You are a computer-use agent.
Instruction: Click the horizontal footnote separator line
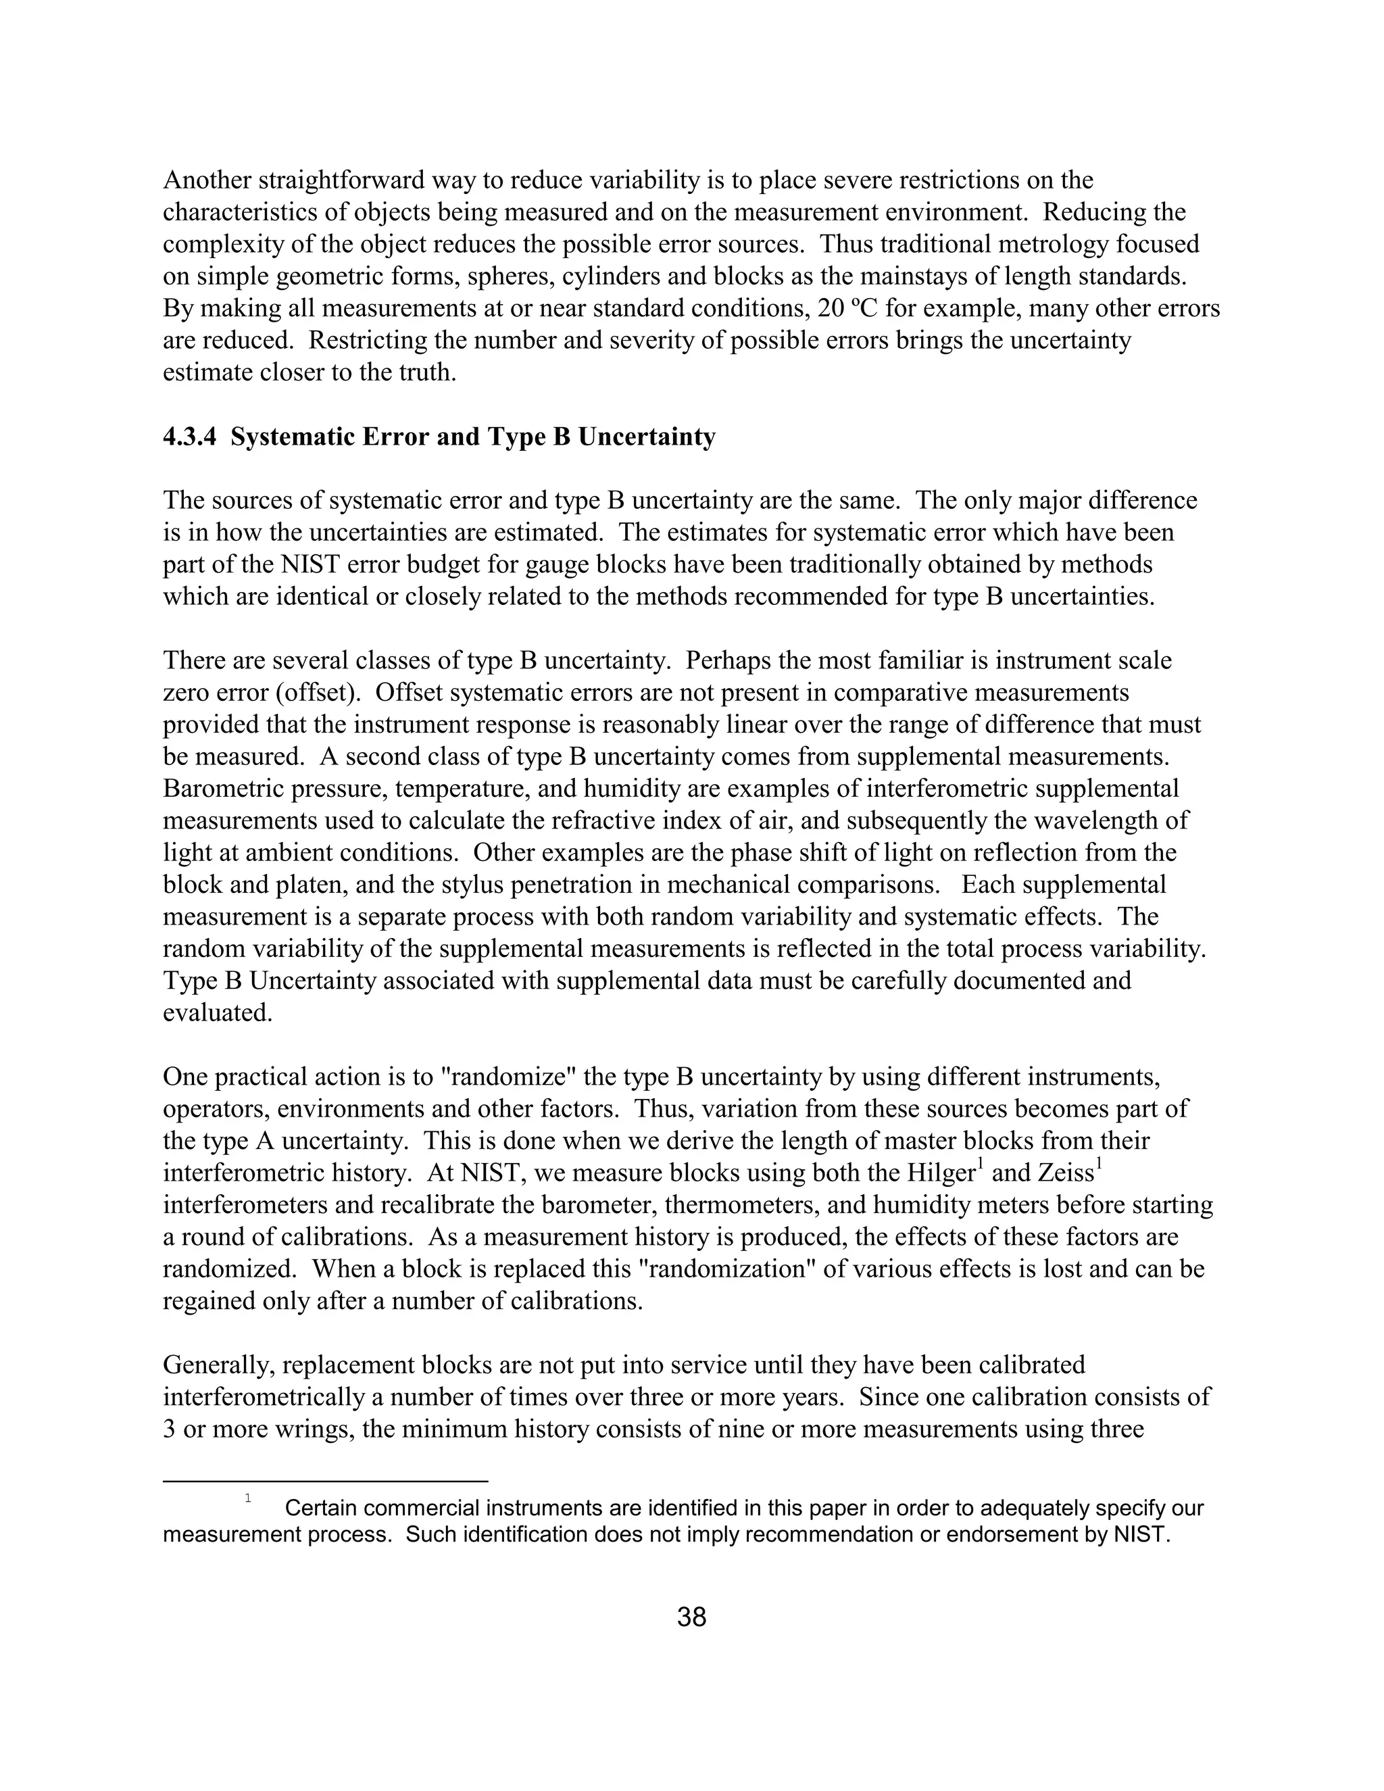326,1481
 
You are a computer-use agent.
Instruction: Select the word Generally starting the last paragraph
216,1365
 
